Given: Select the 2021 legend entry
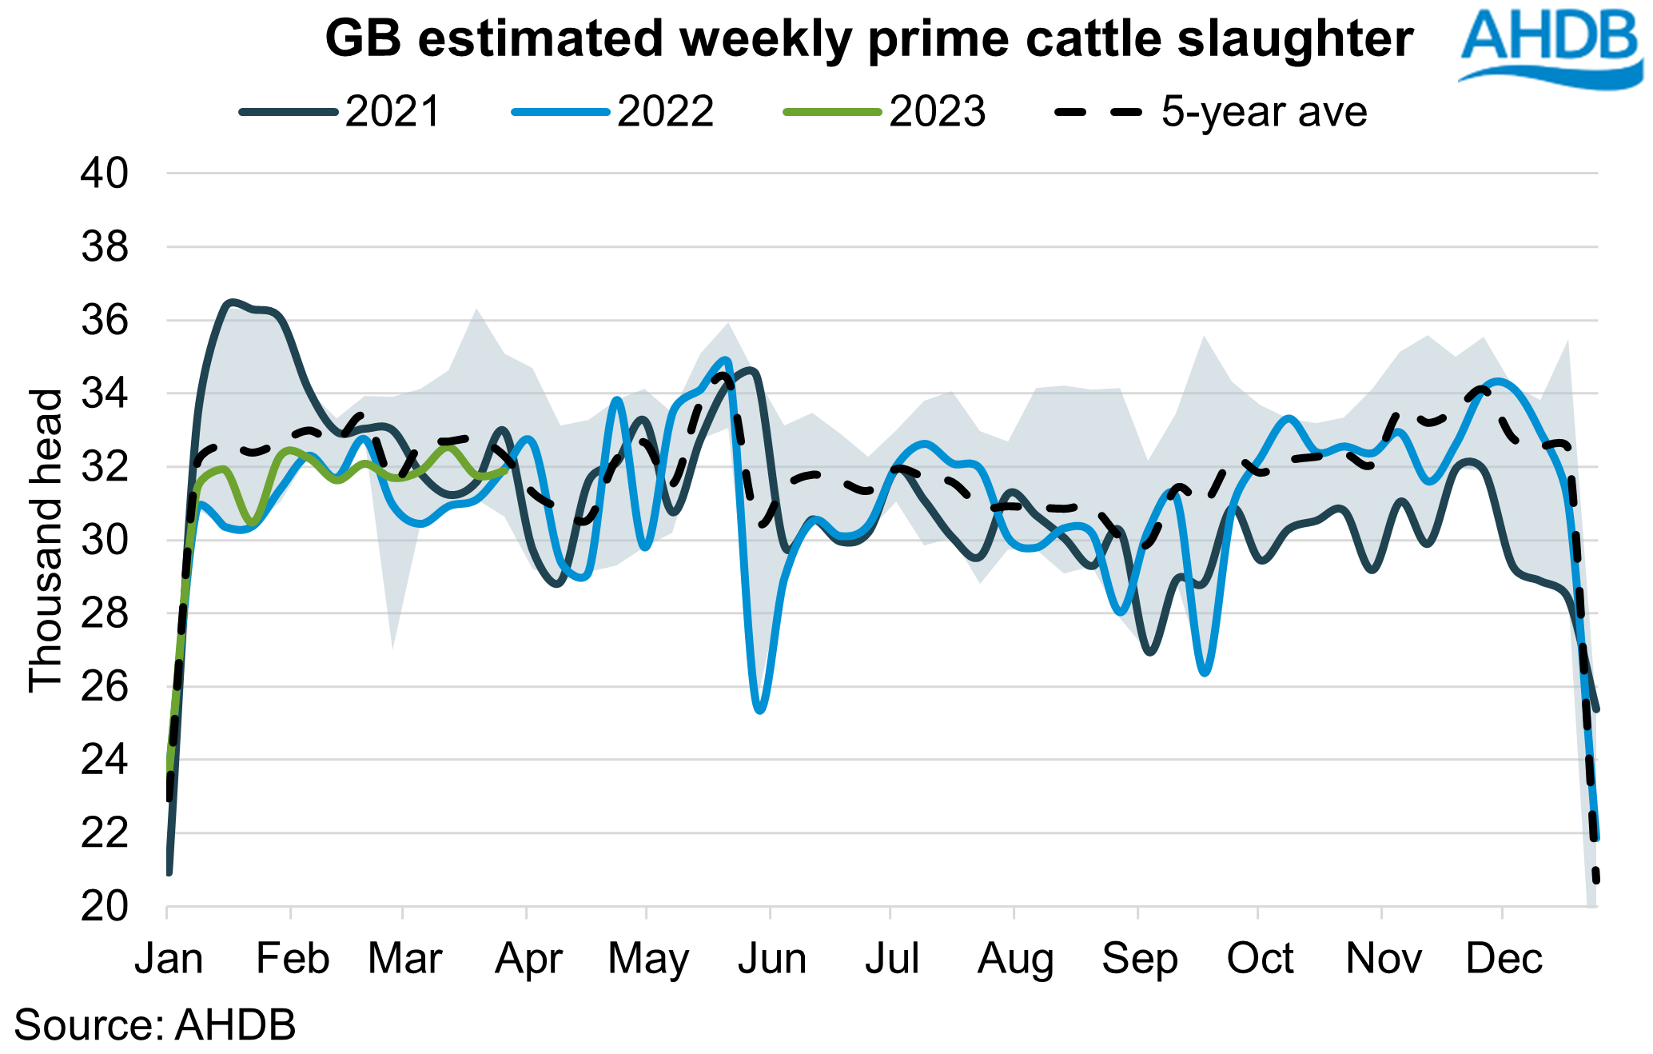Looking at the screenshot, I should coord(341,112).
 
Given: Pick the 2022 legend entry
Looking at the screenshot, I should coord(613,112).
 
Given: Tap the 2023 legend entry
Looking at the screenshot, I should coord(885,112).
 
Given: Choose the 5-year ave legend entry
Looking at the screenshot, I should coord(1211,112).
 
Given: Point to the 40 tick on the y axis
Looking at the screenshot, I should coord(104,174).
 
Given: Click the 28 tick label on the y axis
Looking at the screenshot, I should coord(104,614).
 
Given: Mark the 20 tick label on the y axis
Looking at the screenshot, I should coord(104,907).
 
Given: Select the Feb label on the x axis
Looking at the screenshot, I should coord(293,958).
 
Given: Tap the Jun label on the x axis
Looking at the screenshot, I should coord(771,958).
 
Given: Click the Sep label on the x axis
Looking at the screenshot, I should coord(1139,958).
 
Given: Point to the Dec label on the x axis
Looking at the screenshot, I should coord(1504,958).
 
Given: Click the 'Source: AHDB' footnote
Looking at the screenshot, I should coord(155,1025).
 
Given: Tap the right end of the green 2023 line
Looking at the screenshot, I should coord(507,469).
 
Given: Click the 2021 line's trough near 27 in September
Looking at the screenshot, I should coord(1149,653).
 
